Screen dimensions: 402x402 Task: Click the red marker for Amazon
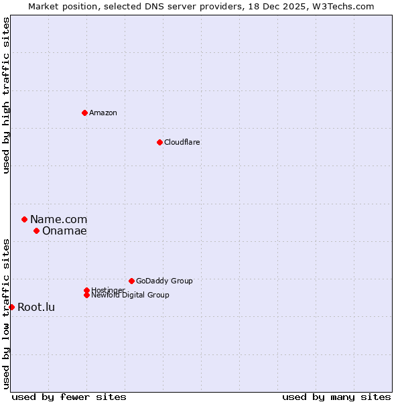click(x=84, y=113)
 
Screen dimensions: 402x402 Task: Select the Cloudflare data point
click(x=159, y=142)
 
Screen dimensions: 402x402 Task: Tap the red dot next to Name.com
click(x=24, y=219)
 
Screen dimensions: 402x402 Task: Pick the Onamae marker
click(x=36, y=230)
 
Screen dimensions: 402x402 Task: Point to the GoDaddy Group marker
click(x=131, y=281)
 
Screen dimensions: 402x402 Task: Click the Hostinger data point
click(x=86, y=290)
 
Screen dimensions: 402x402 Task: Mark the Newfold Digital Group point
click(x=86, y=295)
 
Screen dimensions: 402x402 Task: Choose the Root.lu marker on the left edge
click(x=11, y=307)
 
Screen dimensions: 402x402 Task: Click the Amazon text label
click(x=103, y=113)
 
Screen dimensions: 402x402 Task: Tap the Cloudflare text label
click(x=182, y=142)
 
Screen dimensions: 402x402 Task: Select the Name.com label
click(x=59, y=219)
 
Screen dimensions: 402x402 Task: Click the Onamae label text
click(x=64, y=231)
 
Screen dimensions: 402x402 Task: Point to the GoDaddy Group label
click(x=164, y=281)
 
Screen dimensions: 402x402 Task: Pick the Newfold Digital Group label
click(x=130, y=295)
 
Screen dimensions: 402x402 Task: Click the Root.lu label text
click(x=36, y=308)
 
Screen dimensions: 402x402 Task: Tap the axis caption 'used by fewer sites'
click(x=69, y=397)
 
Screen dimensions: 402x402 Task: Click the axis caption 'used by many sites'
click(x=336, y=397)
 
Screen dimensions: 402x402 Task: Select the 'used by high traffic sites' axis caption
click(x=7, y=95)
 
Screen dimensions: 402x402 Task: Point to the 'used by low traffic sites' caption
click(x=7, y=313)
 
